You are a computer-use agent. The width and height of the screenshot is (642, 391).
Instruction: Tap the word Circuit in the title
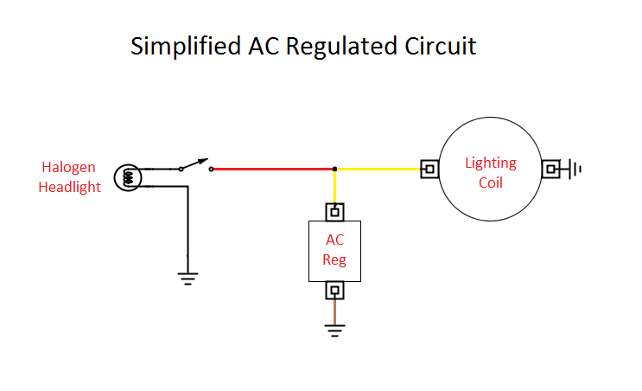(x=438, y=46)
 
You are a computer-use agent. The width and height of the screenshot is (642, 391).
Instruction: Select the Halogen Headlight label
(x=69, y=176)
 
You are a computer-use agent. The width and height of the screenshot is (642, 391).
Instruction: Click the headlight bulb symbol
(x=128, y=176)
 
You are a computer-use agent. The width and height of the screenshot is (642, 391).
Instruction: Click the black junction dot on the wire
(x=334, y=169)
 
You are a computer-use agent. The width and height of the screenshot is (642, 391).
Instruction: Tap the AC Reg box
(x=334, y=250)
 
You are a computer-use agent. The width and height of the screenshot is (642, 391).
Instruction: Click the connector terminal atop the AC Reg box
(x=334, y=211)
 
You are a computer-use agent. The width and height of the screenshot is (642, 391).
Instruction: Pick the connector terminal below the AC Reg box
(x=334, y=290)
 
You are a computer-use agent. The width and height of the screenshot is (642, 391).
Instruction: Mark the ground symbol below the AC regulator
(x=334, y=329)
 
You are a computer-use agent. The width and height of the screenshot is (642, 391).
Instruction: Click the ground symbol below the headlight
(x=188, y=278)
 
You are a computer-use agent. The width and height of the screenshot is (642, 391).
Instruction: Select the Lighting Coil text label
(x=490, y=172)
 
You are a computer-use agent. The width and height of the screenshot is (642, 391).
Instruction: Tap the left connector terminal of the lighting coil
(x=429, y=169)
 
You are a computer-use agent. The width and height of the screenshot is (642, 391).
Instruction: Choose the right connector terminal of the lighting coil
(x=551, y=169)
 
